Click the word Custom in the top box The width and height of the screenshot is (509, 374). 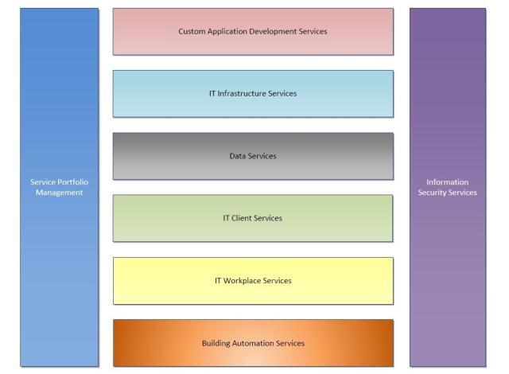tap(192, 32)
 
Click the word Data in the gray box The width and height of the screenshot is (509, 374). tap(238, 156)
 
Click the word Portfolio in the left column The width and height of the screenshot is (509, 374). tap(72, 182)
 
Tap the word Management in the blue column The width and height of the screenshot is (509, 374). tap(60, 193)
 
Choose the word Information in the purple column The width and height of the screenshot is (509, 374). tap(448, 182)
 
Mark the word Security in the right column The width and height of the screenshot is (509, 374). tap(433, 193)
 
